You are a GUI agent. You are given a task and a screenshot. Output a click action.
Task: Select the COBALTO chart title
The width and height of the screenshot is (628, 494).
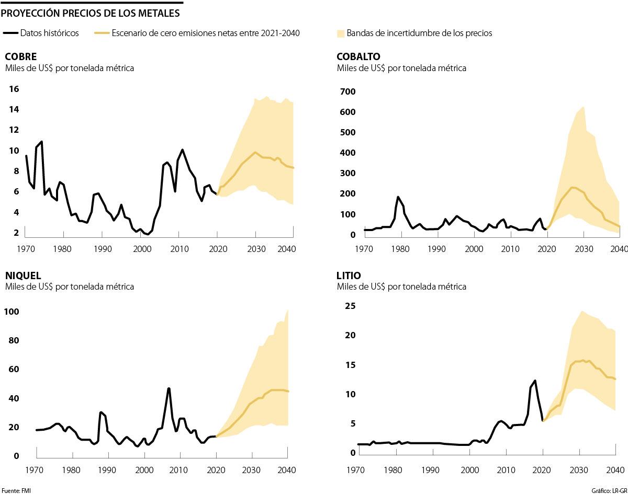coord(358,56)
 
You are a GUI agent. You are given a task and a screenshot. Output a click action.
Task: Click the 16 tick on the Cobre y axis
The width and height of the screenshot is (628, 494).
coord(14,89)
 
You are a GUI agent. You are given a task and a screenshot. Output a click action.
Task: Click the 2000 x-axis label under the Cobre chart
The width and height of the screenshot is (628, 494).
coord(141,248)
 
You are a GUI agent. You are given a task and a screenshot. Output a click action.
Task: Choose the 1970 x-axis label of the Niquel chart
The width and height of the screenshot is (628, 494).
coord(36,469)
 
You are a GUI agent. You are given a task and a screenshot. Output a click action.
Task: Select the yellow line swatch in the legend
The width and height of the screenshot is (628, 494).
coord(102,33)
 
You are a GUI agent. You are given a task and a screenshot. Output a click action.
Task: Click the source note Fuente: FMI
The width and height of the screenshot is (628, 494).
coord(13,490)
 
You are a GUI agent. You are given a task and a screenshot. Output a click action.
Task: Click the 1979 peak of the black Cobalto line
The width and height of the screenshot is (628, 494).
coord(398,197)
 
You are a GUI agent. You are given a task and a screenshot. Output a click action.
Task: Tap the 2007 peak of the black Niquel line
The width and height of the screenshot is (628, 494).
coord(169,388)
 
